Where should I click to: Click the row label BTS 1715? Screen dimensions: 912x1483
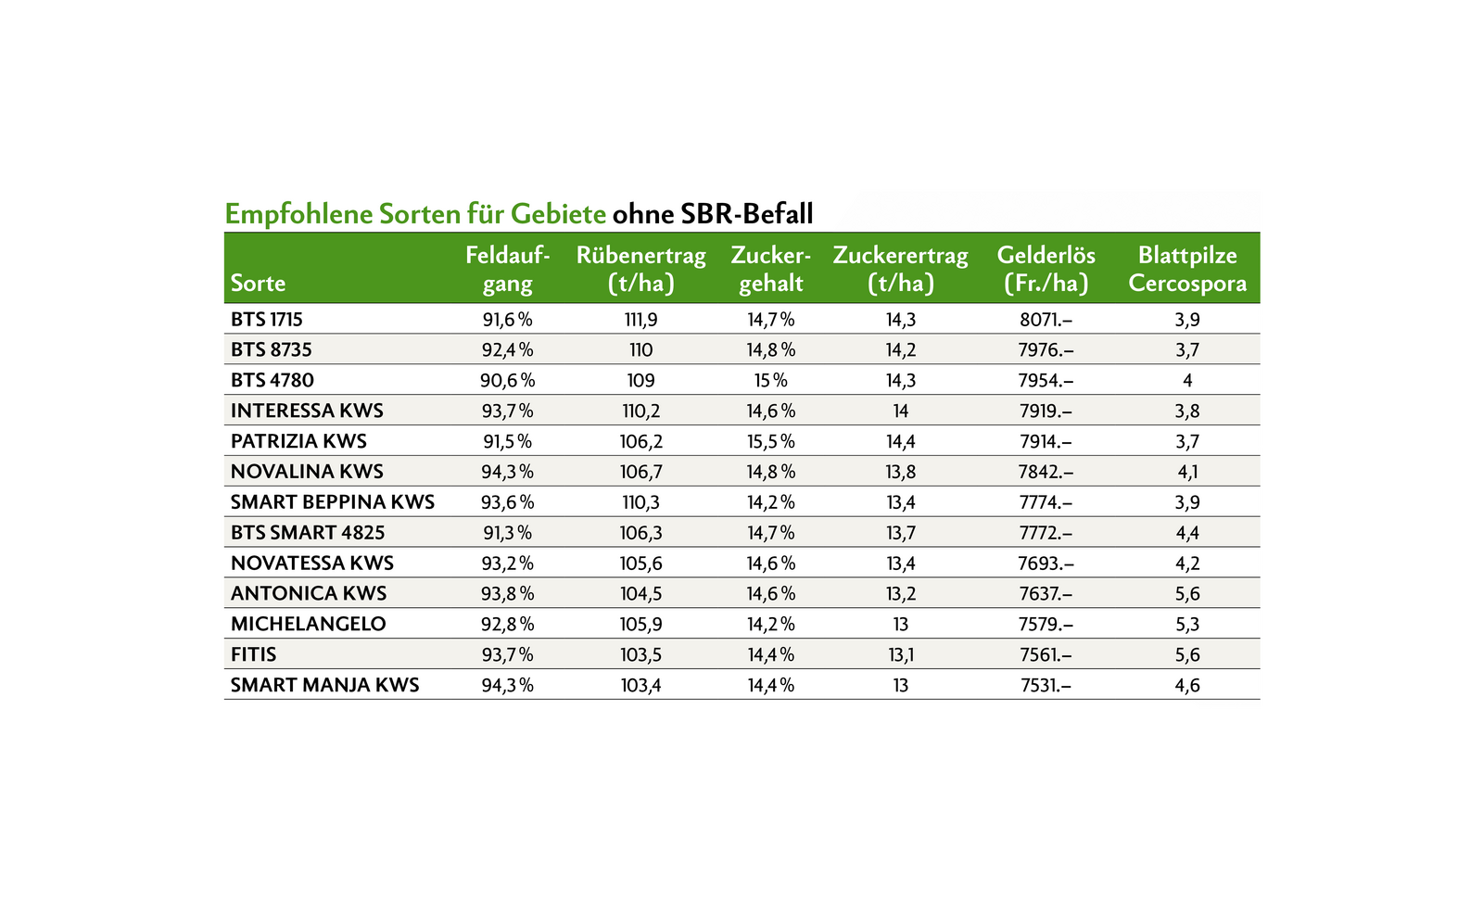[x=267, y=320]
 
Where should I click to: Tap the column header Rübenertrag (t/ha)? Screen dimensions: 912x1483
[x=640, y=269]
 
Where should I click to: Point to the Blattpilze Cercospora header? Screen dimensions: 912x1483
[x=1187, y=269]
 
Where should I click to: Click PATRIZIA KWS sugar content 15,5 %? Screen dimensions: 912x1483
[x=770, y=441]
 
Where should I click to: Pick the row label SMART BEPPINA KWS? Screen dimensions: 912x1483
[x=333, y=502]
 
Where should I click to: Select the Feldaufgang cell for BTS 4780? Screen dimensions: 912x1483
[x=508, y=381]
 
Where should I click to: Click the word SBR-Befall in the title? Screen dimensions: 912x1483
[x=746, y=214]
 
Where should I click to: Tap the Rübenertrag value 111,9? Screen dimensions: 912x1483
[x=640, y=320]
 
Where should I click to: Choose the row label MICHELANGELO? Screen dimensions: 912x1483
[x=309, y=624]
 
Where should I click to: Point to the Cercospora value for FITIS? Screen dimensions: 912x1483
[x=1187, y=655]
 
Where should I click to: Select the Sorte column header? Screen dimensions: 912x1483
[x=258, y=283]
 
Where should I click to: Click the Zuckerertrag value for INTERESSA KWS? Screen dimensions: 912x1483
[x=900, y=412]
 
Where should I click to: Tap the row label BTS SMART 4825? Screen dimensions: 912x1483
[x=308, y=533]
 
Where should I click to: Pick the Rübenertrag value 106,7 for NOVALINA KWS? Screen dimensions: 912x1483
[x=640, y=472]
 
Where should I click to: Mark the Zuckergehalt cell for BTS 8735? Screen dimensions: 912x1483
[x=770, y=350]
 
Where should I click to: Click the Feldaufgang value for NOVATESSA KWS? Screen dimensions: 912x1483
[x=508, y=564]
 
